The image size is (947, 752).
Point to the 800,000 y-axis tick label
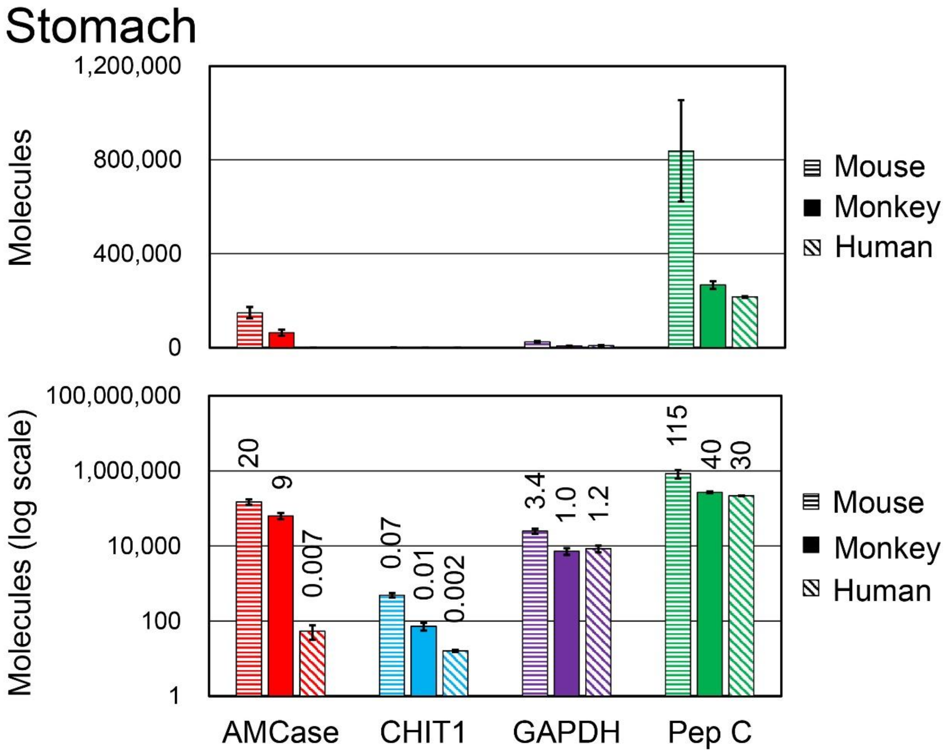(137, 160)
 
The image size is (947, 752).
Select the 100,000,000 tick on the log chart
(113, 396)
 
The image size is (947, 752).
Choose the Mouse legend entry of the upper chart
(865, 167)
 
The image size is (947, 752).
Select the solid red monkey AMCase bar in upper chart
(282, 339)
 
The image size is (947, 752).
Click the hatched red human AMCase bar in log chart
(312, 663)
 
